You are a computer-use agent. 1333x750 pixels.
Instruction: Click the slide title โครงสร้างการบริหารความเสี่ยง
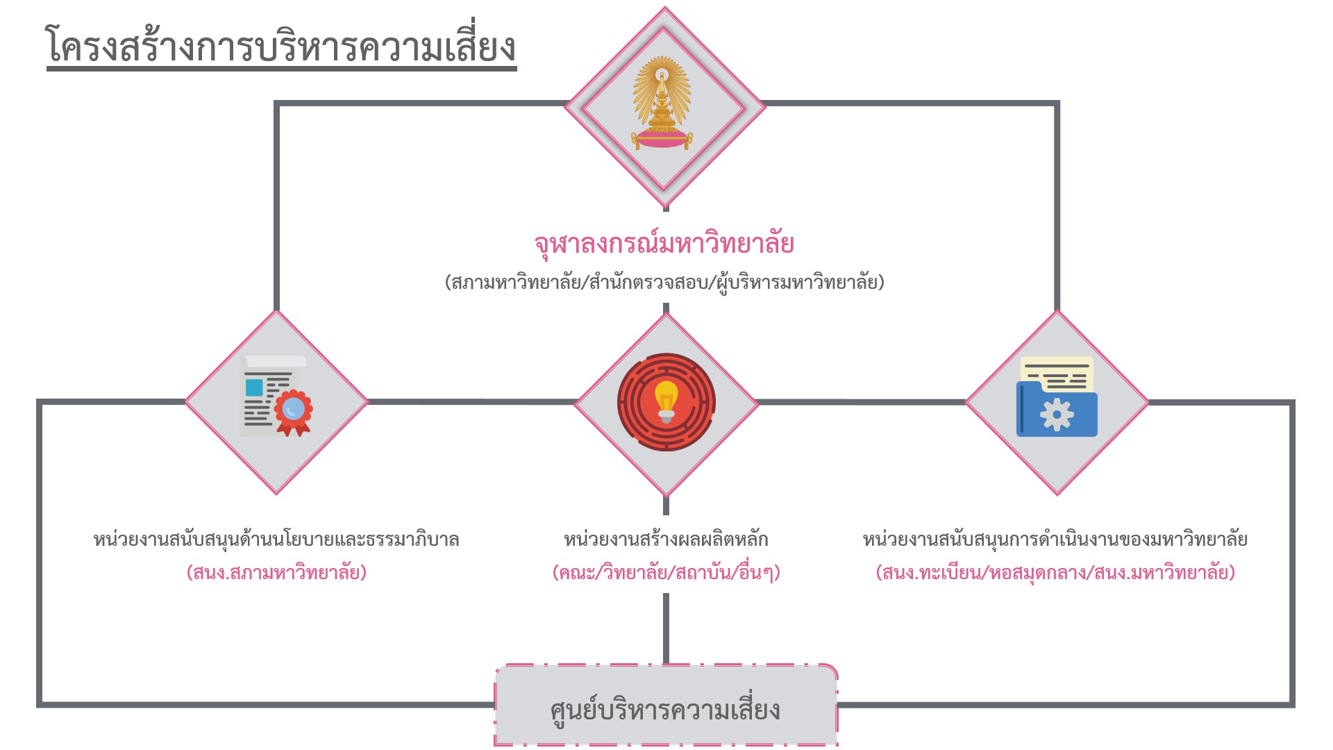[281, 47]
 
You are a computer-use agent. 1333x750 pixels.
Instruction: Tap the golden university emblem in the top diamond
[662, 104]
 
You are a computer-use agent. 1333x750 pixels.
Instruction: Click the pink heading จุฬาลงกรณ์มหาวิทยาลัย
[664, 244]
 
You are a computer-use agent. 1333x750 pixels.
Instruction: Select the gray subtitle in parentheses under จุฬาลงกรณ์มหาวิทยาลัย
[664, 283]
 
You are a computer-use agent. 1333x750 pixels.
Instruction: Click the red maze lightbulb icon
[666, 403]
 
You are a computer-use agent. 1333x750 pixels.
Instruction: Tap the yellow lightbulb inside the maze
[666, 400]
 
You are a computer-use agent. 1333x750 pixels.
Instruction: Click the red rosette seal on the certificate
[294, 411]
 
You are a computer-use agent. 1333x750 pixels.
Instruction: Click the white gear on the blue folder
[1057, 415]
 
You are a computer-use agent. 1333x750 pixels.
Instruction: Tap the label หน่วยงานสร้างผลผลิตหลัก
[666, 540]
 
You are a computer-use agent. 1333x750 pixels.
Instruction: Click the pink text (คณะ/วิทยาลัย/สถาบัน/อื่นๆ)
[666, 573]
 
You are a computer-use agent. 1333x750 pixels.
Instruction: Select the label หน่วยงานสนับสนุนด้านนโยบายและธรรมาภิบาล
[276, 540]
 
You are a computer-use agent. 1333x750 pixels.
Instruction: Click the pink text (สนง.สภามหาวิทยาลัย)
[276, 573]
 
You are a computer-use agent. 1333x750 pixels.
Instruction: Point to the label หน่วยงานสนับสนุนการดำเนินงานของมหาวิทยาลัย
[1055, 540]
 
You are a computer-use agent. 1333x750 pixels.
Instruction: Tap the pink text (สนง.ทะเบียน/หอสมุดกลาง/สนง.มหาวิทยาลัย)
[1055, 573]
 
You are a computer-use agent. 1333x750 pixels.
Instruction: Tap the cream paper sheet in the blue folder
[1057, 373]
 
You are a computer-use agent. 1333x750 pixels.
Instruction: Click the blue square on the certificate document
[254, 387]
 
